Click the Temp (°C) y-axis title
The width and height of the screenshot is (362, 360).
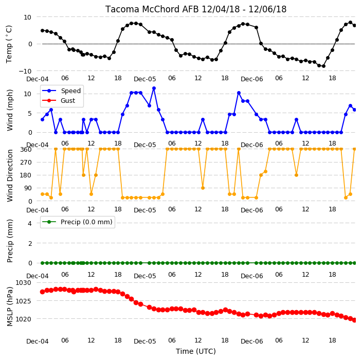(9, 44)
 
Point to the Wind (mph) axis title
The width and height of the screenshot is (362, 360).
(9, 110)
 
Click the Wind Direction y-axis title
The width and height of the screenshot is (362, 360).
(9, 175)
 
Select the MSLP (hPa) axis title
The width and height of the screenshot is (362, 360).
(9, 306)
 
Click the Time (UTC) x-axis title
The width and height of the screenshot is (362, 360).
(196, 351)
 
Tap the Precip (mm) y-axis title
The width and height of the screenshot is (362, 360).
(9, 241)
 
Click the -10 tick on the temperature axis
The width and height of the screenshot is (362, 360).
(25, 71)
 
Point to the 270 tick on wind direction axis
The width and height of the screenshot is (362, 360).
(26, 163)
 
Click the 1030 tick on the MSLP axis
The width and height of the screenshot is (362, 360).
(23, 283)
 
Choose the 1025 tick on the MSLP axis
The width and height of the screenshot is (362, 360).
(23, 301)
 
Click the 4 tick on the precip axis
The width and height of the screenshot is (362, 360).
(30, 223)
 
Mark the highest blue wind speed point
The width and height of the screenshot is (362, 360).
(154, 88)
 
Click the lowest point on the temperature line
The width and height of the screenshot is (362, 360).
(323, 66)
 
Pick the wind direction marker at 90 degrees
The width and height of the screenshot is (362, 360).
(203, 188)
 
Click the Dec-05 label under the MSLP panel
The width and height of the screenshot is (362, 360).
(145, 341)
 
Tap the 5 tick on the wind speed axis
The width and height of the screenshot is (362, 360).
(30, 113)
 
